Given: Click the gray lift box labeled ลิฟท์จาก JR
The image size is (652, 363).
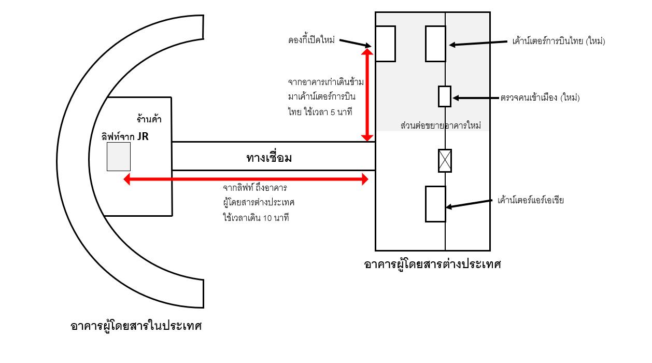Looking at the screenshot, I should click(118, 157).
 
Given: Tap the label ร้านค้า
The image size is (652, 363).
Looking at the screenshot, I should click(149, 120).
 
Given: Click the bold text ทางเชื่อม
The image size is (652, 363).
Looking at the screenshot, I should click(268, 158).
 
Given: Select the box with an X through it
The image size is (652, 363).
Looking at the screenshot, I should click(445, 160).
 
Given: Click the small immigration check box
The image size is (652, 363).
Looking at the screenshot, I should click(445, 96).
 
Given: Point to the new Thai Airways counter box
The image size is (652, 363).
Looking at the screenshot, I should click(435, 44).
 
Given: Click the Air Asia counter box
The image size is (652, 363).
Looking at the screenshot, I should click(435, 204).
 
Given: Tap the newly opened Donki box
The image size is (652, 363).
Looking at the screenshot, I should click(385, 44).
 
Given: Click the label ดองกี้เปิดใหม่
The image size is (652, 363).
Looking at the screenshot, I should click(311, 40).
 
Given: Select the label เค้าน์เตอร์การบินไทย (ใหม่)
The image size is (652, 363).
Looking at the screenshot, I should click(558, 41).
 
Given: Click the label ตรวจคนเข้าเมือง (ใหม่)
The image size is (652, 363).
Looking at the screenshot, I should click(540, 97).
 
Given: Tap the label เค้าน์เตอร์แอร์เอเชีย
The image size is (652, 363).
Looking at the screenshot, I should click(530, 200).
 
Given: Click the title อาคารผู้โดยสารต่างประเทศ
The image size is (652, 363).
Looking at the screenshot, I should click(433, 264).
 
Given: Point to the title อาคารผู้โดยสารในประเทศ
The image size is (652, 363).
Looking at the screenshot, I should click(136, 326).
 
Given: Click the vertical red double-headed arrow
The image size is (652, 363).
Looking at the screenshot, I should click(367, 95).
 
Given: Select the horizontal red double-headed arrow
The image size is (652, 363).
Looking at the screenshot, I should click(246, 179).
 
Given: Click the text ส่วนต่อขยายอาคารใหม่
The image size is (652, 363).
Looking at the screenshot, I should click(441, 126).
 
